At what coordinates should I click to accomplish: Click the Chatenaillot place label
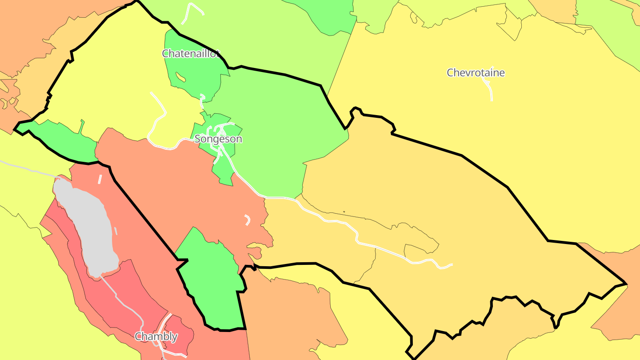click(x=191, y=54)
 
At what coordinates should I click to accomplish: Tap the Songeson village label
click(x=218, y=139)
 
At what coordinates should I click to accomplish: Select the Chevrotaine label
click(x=476, y=72)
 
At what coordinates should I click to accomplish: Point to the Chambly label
click(x=156, y=336)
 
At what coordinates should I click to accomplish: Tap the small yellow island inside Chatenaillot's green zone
click(x=180, y=77)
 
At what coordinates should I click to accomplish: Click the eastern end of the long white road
click(x=451, y=265)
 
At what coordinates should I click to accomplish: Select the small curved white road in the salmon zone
click(x=248, y=220)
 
